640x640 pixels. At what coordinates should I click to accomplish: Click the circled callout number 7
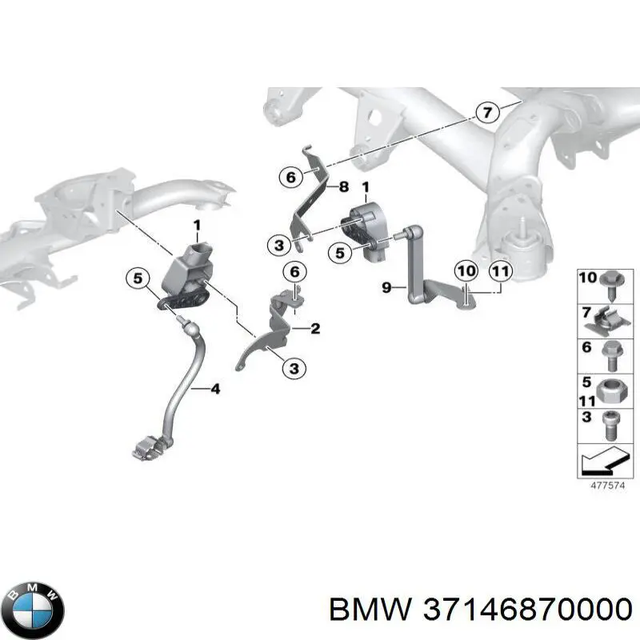click(486, 113)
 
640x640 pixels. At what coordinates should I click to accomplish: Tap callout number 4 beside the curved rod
click(214, 390)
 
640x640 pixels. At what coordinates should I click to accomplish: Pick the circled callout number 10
click(466, 271)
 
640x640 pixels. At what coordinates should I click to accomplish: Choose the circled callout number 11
click(499, 271)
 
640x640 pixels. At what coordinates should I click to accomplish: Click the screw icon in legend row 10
click(610, 286)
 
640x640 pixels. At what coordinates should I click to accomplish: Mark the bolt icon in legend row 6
click(610, 354)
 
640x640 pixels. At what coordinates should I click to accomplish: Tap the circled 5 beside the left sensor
click(137, 279)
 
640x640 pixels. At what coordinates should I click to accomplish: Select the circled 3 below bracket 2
click(294, 368)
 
